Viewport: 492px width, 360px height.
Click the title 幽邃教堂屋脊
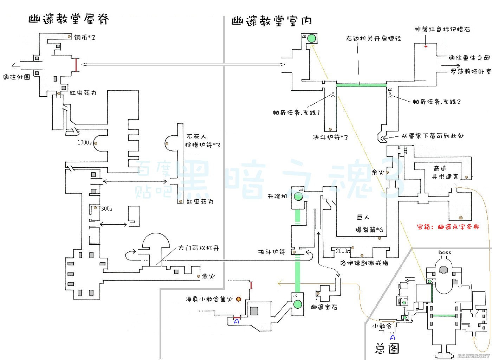pos(69,19)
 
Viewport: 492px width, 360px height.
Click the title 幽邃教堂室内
pos(271,21)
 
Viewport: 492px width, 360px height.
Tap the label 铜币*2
pos(84,37)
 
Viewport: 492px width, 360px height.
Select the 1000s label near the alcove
pos(84,142)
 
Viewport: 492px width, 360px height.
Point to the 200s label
pos(107,208)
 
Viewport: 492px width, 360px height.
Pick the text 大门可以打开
pos(199,248)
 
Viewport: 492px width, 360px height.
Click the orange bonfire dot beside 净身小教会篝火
pos(239,299)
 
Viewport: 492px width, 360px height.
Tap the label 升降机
pos(278,196)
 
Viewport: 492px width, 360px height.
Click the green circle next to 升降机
pos(298,197)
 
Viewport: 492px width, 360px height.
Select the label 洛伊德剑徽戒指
pos(364,263)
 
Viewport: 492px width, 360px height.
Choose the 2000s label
pos(343,251)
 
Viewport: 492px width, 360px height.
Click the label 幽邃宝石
pos(324,307)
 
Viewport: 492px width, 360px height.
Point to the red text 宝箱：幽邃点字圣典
pos(448,227)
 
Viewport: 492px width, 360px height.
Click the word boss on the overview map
pos(445,252)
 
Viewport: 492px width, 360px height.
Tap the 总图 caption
pos(387,348)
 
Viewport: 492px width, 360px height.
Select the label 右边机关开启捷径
pos(373,38)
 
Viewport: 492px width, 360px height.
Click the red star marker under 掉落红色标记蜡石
pos(426,46)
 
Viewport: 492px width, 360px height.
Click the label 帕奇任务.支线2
pos(436,102)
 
